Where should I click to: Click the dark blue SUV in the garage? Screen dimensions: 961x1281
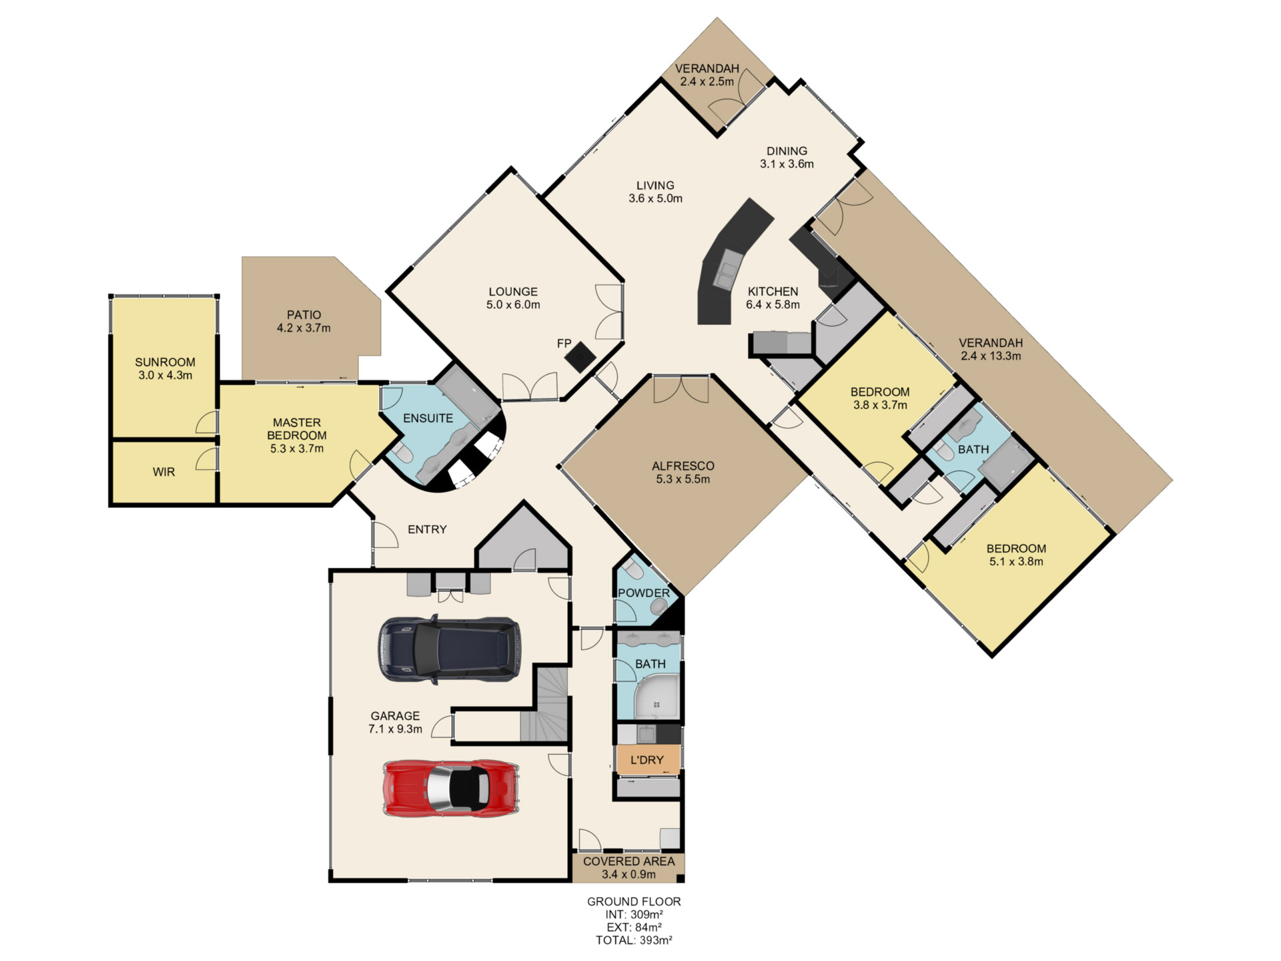click(x=450, y=650)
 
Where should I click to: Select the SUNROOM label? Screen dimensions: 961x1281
click(x=165, y=362)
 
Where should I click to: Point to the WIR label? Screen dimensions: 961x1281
click(x=163, y=472)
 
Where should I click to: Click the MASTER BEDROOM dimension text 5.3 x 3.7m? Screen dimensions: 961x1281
click(x=297, y=448)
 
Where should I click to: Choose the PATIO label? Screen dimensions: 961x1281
click(x=304, y=314)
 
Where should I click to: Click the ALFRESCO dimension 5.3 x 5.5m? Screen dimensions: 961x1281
click(x=683, y=479)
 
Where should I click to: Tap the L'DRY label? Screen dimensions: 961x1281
click(x=647, y=760)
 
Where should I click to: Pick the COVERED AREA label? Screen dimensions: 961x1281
click(x=628, y=862)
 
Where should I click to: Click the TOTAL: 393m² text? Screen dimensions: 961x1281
click(x=634, y=940)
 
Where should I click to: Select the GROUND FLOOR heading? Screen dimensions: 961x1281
click(x=634, y=902)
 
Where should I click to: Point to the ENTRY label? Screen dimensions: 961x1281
click(x=427, y=529)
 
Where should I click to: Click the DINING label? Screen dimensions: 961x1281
click(x=787, y=151)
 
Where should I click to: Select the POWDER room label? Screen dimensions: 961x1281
click(x=643, y=593)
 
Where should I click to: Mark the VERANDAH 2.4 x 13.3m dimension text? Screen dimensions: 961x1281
click(x=991, y=356)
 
